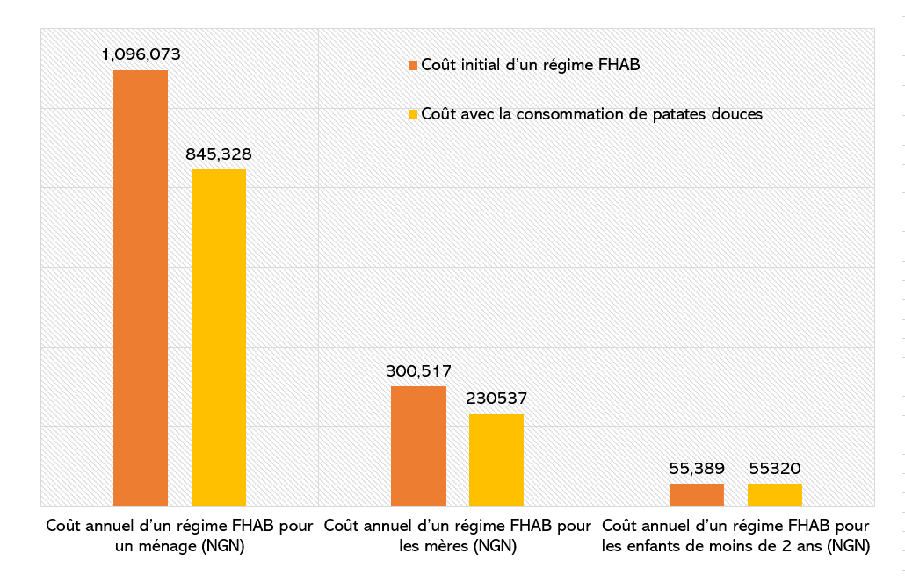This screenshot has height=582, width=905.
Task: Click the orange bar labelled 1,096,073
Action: pyautogui.click(x=141, y=287)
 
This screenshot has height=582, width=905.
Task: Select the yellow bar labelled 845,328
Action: pyautogui.click(x=219, y=337)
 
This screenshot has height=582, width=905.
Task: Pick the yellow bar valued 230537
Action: pyautogui.click(x=496, y=459)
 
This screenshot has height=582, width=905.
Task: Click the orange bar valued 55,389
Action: pyautogui.click(x=697, y=494)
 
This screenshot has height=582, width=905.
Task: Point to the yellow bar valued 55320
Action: pyautogui.click(x=775, y=494)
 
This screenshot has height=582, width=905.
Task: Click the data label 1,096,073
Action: pyautogui.click(x=141, y=54)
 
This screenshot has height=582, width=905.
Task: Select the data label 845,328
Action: pyautogui.click(x=219, y=154)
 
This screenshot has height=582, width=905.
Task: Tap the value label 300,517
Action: pyautogui.click(x=418, y=371)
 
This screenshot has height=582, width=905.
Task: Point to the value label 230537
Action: pyautogui.click(x=496, y=399)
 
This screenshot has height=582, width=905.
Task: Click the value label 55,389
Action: pyautogui.click(x=697, y=469)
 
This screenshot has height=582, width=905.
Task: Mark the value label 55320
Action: pyautogui.click(x=775, y=469)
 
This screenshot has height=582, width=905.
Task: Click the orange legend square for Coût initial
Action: pyautogui.click(x=412, y=65)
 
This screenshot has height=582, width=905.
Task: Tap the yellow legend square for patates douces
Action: pyautogui.click(x=412, y=115)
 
